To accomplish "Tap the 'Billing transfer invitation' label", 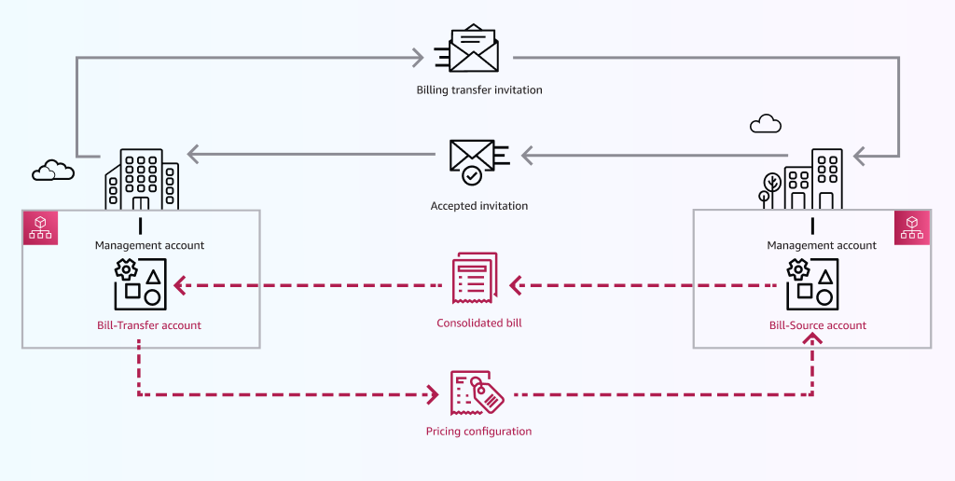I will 479,90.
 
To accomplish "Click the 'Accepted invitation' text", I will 479,206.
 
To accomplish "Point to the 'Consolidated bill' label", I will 479,323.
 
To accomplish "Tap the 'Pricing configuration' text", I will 478,432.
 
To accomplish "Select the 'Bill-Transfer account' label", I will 149,325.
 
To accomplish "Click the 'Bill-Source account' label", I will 817,325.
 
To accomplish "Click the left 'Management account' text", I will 149,245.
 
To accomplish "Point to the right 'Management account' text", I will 822,245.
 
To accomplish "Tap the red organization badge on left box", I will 40,227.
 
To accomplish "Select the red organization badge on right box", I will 912,227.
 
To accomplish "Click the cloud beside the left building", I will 52,170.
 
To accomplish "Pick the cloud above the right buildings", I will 766,123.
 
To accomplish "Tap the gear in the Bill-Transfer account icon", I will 125,270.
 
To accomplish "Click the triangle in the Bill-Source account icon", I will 825,276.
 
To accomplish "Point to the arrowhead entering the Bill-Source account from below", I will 813,342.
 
